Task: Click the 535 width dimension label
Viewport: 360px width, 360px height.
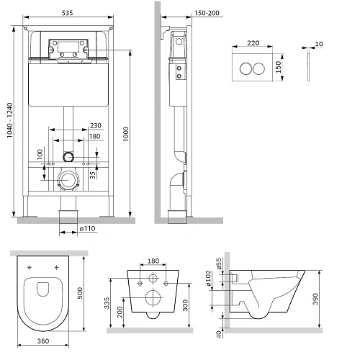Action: [67, 13]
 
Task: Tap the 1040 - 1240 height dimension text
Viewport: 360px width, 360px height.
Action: [9, 120]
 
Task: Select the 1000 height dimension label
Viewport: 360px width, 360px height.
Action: [126, 134]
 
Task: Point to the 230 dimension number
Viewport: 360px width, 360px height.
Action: [96, 125]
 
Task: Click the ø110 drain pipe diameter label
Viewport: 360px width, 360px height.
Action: [88, 228]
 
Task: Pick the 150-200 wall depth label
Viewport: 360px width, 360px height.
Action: [207, 13]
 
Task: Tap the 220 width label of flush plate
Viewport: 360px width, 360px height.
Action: [253, 43]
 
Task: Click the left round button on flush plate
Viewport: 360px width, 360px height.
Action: [246, 68]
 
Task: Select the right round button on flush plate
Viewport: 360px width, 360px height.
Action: [258, 68]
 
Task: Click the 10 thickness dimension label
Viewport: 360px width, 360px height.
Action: [319, 44]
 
